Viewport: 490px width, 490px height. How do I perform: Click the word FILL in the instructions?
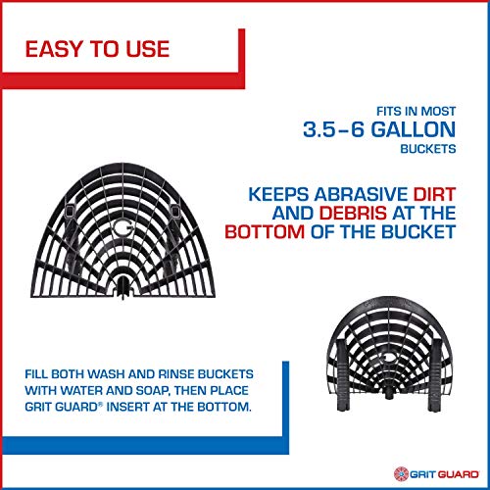[x=43, y=374]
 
